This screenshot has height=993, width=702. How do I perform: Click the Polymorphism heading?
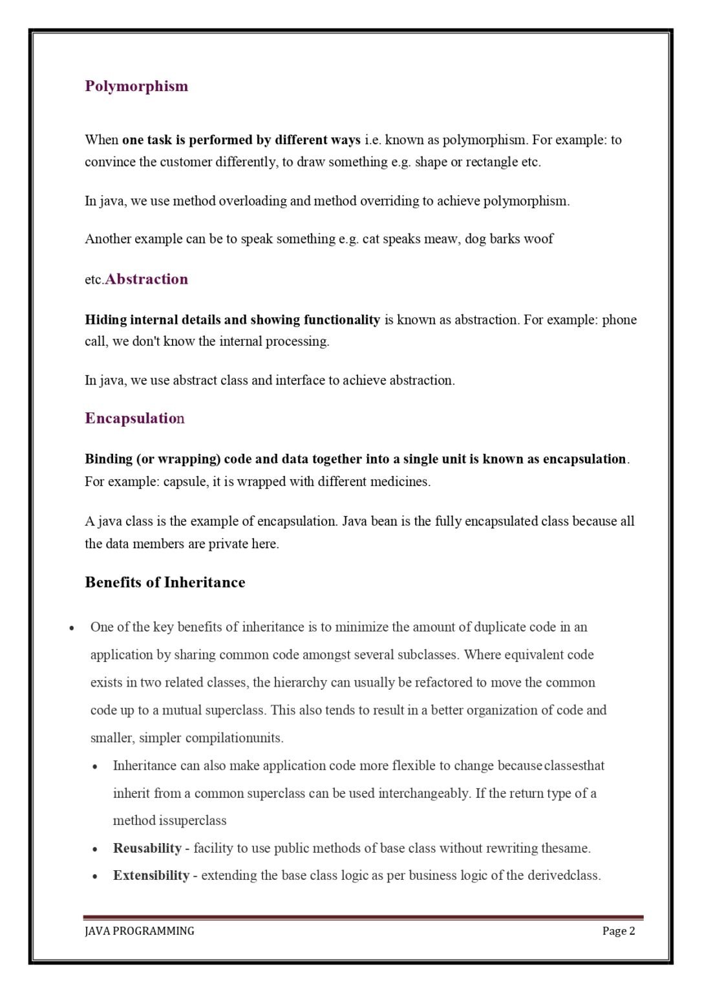click(136, 86)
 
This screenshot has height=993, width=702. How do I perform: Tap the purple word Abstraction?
click(147, 279)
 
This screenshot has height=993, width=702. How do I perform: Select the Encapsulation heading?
click(134, 418)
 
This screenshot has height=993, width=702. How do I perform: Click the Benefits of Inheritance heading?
click(165, 582)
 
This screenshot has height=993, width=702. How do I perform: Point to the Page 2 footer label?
click(619, 931)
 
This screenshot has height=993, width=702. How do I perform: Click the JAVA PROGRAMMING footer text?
click(139, 931)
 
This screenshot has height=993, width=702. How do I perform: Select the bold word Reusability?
click(147, 848)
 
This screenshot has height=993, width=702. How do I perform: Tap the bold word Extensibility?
click(151, 875)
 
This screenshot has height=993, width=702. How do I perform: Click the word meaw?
click(441, 239)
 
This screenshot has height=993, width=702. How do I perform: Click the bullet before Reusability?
click(95, 849)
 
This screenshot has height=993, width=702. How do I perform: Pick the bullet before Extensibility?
click(95, 877)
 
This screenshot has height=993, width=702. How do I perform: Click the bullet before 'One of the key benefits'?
click(72, 628)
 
